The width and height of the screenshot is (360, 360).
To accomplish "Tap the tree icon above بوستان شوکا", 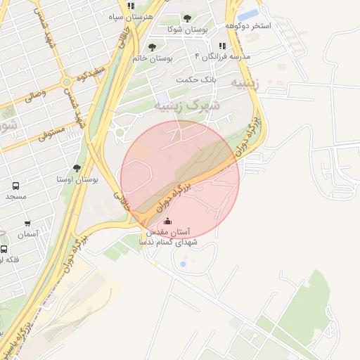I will point(186,18).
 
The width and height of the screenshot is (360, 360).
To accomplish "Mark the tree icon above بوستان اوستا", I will point(77,168).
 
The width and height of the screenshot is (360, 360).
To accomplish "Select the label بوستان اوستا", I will point(78,179).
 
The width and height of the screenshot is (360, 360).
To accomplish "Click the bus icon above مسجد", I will point(15,186).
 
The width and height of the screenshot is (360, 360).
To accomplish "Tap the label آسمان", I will point(27,234).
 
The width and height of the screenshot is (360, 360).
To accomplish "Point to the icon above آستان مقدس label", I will point(166,222).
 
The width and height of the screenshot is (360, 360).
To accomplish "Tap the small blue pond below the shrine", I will point(183,264).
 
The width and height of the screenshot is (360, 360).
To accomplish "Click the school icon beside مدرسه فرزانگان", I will point(222,46).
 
